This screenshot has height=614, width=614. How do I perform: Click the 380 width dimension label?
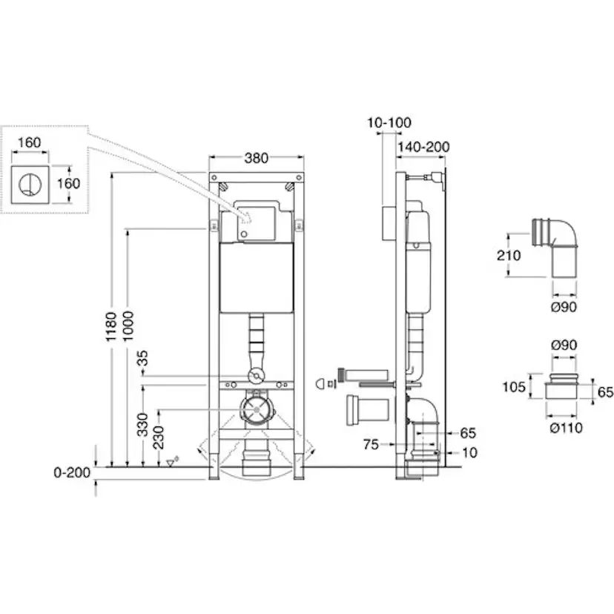(x=256, y=158)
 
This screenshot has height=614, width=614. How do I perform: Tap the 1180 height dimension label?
(x=111, y=326)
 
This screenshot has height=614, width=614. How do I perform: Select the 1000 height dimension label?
(x=128, y=326)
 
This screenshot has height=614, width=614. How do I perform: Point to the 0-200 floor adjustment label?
(x=72, y=472)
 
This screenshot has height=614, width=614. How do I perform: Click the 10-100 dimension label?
(x=389, y=122)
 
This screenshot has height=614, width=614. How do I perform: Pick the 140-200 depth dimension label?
(x=423, y=147)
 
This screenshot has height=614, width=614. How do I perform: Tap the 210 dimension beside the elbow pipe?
(x=509, y=255)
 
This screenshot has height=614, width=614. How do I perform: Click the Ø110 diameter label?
(x=566, y=428)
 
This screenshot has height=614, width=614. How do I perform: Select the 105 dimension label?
(x=514, y=387)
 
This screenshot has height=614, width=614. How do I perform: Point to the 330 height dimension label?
(x=142, y=424)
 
